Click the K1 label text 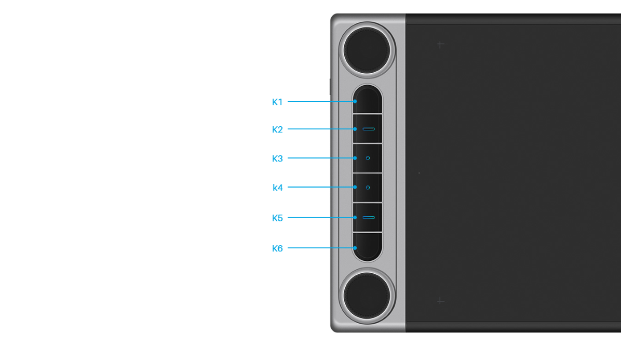tap(277, 102)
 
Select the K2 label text tap(277, 129)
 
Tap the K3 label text tap(277, 158)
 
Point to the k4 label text tap(278, 188)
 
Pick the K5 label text tap(277, 218)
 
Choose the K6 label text tap(277, 248)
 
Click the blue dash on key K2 tap(369, 128)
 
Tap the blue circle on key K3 tap(368, 158)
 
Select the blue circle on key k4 tap(368, 188)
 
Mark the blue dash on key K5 tap(369, 217)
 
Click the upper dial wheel tap(367, 50)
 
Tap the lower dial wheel tap(367, 296)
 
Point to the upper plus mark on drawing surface tap(440, 45)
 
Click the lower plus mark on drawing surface tap(440, 301)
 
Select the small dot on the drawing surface tap(419, 172)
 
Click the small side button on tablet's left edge tap(330, 86)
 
